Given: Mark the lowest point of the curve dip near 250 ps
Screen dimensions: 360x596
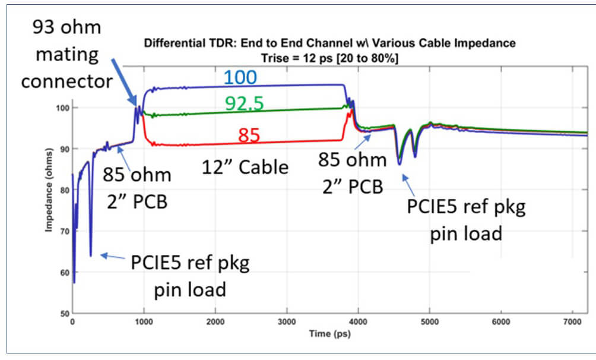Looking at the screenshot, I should pos(91,255).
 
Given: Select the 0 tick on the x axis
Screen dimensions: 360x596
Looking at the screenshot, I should pos(72,321).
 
